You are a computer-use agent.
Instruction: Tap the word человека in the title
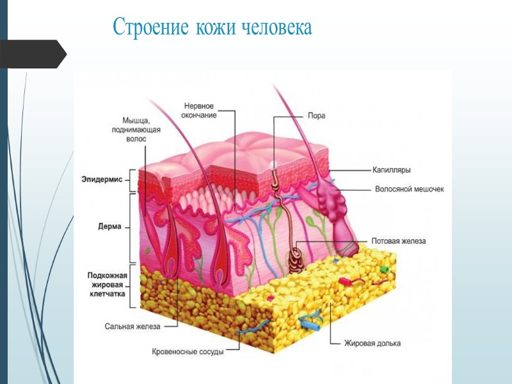276,27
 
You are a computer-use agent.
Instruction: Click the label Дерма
111,226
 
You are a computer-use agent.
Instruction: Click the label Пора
316,116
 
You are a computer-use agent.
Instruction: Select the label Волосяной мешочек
408,189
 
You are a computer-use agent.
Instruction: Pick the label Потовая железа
398,241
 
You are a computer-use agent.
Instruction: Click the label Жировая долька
374,344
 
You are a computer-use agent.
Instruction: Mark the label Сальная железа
132,326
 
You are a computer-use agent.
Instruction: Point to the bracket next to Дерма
131,227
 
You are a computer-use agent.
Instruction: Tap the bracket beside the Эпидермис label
131,180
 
